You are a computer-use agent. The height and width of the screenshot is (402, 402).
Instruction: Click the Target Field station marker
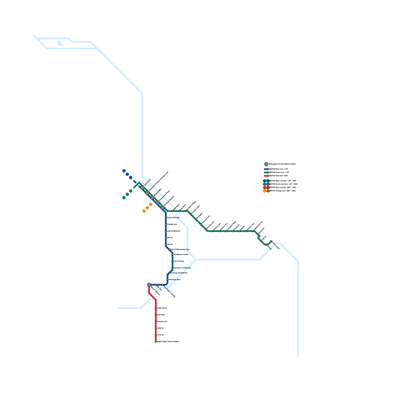pos(142,188)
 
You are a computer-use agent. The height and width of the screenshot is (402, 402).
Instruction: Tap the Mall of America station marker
pos(149,285)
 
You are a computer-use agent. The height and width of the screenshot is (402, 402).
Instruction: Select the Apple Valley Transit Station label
pos(168,342)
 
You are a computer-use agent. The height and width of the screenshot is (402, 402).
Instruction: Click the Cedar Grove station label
pos(162,308)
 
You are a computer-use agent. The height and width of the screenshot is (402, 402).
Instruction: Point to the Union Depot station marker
pos(271,241)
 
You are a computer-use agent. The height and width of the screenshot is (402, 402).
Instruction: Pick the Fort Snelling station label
pos(179,261)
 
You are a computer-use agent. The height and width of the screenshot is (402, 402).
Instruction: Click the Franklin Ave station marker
pos(166,224)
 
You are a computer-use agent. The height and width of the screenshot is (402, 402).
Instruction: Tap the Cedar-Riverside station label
pos(173,218)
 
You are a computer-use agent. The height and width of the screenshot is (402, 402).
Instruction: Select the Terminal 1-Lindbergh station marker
pos(173,268)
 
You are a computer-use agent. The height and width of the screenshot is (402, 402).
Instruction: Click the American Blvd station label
pos(174,280)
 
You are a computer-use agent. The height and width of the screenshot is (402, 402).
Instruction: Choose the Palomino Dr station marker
pos(156,322)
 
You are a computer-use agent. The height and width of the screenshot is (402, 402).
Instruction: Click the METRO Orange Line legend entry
pos(282,191)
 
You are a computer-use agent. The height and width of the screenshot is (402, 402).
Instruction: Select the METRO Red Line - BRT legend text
pos(279,176)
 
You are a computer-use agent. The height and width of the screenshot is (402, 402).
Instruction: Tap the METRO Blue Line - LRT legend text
pos(279,169)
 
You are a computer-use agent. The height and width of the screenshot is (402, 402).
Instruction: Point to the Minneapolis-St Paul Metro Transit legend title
pos(282,164)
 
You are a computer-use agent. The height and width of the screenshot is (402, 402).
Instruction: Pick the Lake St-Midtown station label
pos(174,231)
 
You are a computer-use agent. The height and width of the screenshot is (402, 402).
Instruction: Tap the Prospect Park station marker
pos(191,214)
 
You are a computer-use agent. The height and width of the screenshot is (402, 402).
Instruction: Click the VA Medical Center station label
pos(181,255)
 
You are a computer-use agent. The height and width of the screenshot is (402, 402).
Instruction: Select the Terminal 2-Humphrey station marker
pos(169,273)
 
